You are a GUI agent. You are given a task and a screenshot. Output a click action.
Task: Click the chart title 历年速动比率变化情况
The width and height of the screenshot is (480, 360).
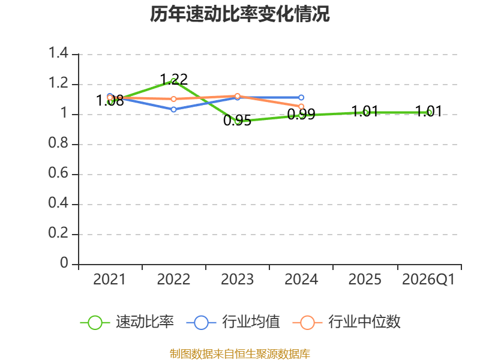click(239, 14)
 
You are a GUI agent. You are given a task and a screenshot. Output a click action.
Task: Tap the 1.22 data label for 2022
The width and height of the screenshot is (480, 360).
click(174, 80)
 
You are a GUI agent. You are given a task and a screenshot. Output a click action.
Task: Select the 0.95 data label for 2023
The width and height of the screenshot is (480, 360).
click(237, 121)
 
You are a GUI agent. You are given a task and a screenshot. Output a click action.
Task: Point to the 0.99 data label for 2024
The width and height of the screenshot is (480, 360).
click(301, 114)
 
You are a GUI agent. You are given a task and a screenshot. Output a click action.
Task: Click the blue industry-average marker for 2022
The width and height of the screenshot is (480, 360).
click(173, 109)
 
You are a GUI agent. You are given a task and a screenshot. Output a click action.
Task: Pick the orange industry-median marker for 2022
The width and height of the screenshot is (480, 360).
click(173, 99)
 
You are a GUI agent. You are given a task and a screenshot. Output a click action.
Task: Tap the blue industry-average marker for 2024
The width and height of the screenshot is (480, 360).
click(301, 97)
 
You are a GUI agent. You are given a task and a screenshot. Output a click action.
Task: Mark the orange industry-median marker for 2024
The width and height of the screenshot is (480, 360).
click(301, 107)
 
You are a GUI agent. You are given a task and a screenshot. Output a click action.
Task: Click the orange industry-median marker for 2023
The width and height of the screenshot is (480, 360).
click(237, 96)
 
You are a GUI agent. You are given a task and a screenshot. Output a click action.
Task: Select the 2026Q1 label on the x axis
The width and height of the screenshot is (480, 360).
click(428, 280)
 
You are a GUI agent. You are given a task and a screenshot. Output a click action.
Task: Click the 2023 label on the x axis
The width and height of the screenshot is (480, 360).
click(237, 280)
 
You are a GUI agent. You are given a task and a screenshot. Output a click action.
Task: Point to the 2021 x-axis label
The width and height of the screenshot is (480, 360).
click(110, 280)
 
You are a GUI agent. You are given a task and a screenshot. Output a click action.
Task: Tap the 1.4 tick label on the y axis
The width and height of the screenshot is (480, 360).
click(58, 53)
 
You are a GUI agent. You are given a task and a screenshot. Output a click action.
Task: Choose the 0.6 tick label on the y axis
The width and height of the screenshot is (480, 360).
click(58, 173)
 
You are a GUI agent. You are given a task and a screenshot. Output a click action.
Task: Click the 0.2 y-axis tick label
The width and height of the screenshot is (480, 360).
click(58, 233)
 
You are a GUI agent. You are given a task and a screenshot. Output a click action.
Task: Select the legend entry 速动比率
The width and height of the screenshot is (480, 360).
click(127, 322)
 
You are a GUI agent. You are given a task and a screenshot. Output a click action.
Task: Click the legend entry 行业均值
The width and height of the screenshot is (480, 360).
click(233, 322)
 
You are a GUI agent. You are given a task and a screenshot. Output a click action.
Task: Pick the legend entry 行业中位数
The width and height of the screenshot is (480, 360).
click(347, 322)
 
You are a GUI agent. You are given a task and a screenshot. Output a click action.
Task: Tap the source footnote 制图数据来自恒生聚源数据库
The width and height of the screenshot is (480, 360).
click(240, 354)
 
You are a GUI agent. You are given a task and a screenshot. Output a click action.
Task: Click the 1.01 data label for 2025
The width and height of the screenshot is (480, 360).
click(365, 112)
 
